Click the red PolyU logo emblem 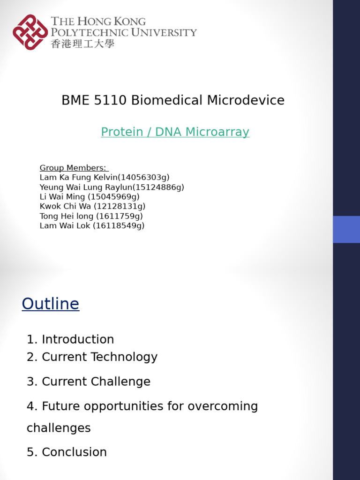30,32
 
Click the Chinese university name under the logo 82,44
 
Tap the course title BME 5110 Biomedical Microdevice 173,100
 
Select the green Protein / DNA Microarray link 175,132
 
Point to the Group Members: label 74,168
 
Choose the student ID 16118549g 119,226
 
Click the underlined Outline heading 51,304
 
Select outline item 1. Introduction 70,339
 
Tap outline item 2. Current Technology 92,357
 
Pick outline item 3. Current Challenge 89,382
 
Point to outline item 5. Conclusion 67,452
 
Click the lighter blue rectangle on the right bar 346,229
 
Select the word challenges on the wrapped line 59,428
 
